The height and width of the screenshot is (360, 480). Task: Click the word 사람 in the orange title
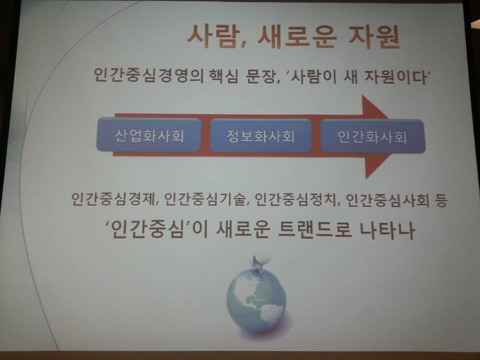coord(212,36)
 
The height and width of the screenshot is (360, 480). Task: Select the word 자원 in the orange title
coord(374,36)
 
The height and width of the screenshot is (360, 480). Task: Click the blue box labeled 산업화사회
coord(149,135)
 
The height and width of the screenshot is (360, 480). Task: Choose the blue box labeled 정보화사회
coord(260,135)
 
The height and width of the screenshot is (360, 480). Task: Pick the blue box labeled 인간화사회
coord(372,136)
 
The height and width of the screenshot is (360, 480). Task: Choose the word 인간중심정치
coord(295,200)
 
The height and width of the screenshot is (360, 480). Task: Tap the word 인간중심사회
coord(387,200)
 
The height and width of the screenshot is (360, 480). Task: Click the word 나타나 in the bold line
coord(387,230)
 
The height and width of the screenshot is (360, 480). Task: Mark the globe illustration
coord(256,301)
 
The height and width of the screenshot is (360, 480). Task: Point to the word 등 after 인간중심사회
coord(440,200)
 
